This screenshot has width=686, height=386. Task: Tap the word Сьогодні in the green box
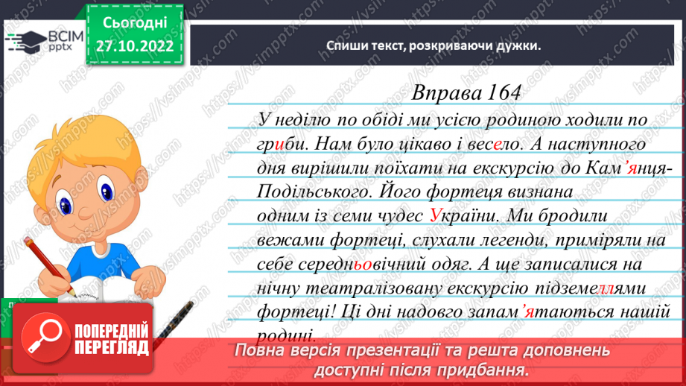pos(135,23)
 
